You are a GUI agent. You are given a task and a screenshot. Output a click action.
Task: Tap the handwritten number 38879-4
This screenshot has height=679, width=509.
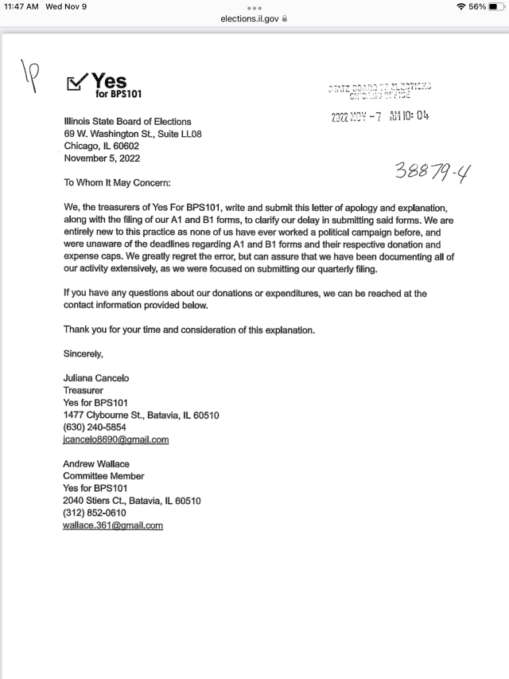[x=429, y=168]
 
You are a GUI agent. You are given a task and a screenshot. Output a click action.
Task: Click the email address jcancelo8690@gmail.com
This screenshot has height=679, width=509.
[x=116, y=439]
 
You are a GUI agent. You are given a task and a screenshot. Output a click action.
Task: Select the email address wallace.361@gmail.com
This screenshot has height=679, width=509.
[x=113, y=525]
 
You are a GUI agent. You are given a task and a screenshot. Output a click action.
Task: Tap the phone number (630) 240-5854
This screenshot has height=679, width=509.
[x=95, y=427]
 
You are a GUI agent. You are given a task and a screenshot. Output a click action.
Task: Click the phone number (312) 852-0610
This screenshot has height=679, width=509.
[x=95, y=513]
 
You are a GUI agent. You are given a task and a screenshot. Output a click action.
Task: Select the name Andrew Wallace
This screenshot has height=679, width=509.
[x=96, y=464]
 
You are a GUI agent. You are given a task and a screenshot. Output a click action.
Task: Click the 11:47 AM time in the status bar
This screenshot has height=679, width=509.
[x=21, y=6]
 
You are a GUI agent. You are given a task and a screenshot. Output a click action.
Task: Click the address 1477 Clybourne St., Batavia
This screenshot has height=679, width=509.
[x=141, y=415]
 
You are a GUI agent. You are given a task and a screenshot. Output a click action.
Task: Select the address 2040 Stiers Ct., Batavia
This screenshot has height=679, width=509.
[x=132, y=501]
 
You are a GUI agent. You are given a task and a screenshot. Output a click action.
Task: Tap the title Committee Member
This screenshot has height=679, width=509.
[x=103, y=476]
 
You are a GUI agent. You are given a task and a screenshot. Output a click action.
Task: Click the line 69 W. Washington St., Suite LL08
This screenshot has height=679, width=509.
[x=133, y=134]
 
